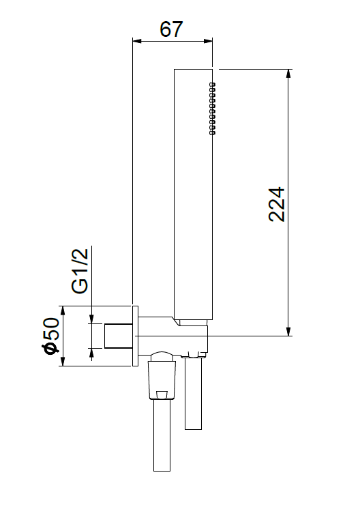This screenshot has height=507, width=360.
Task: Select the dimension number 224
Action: point(277,203)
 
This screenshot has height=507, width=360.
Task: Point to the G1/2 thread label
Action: point(80,271)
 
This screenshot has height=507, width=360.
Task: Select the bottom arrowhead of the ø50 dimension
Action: point(62,362)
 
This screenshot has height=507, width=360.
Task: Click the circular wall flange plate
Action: point(135,336)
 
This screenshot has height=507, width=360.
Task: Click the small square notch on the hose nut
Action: point(161,393)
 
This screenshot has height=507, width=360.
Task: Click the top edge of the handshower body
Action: point(194,69)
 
